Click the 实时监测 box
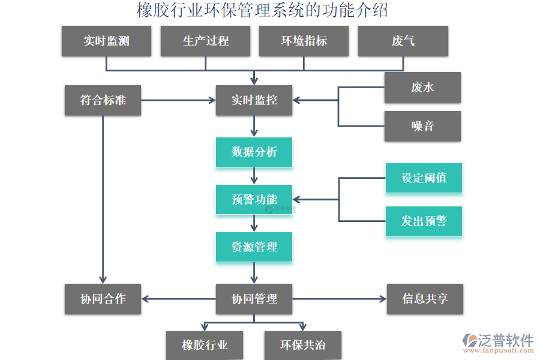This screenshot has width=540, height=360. (x=106, y=41)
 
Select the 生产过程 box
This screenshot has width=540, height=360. (x=205, y=41)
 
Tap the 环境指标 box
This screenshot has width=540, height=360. (x=304, y=41)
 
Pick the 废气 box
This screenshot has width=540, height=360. (x=403, y=41)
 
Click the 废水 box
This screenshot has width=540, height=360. (x=422, y=88)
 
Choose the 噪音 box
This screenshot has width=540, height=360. (x=422, y=126)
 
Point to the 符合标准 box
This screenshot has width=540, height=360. (x=103, y=100)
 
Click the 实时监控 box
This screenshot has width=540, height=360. (x=254, y=100)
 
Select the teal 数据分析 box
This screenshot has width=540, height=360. (x=254, y=152)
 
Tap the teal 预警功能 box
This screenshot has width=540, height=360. (x=254, y=199)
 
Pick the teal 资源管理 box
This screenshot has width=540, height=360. (x=254, y=247)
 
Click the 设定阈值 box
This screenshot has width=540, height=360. (x=424, y=178)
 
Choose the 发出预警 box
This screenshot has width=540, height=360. (x=424, y=221)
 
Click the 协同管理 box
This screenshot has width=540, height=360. (x=254, y=299)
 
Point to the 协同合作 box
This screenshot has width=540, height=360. (x=103, y=299)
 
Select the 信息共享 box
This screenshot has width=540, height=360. (x=425, y=299)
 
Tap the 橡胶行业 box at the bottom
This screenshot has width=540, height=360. (x=205, y=345)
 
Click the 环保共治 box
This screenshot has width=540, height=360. (x=303, y=345)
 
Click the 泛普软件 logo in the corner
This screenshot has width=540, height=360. (x=497, y=344)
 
